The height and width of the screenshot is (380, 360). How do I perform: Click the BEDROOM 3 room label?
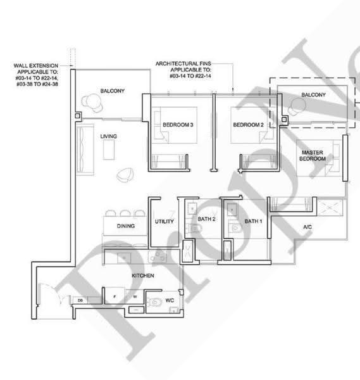pos(178,125)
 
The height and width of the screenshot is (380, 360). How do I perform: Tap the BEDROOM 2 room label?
pos(248,125)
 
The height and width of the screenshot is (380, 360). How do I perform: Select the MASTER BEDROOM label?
pos(313,156)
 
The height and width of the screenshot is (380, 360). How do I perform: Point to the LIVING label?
pos(108,136)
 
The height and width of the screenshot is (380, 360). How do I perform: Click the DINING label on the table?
pos(126,226)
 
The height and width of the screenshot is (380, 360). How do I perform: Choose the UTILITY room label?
pos(164,221)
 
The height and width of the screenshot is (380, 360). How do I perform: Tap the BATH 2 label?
pos(206,219)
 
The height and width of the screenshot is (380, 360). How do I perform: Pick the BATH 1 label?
pos(253,221)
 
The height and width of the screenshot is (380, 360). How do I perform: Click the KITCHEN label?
pos(143,275)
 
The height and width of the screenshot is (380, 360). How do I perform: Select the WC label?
pos(170,300)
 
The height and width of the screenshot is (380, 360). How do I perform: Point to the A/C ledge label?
pos(307,227)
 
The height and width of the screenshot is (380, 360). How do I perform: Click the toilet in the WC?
pos(155,302)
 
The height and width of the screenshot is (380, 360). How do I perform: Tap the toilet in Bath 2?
pos(195,228)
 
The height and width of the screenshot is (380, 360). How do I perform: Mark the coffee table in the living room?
pos(109,149)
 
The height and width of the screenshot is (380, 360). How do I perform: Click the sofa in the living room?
pos(85,149)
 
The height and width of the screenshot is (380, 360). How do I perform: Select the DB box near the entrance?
pos(80,300)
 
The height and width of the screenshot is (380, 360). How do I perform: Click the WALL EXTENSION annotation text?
pos(36,75)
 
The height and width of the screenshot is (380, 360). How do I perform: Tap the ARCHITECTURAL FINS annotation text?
pos(183,70)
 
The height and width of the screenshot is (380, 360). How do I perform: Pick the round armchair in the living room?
pos(125,175)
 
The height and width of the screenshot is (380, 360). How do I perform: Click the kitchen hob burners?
pos(158,256)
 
